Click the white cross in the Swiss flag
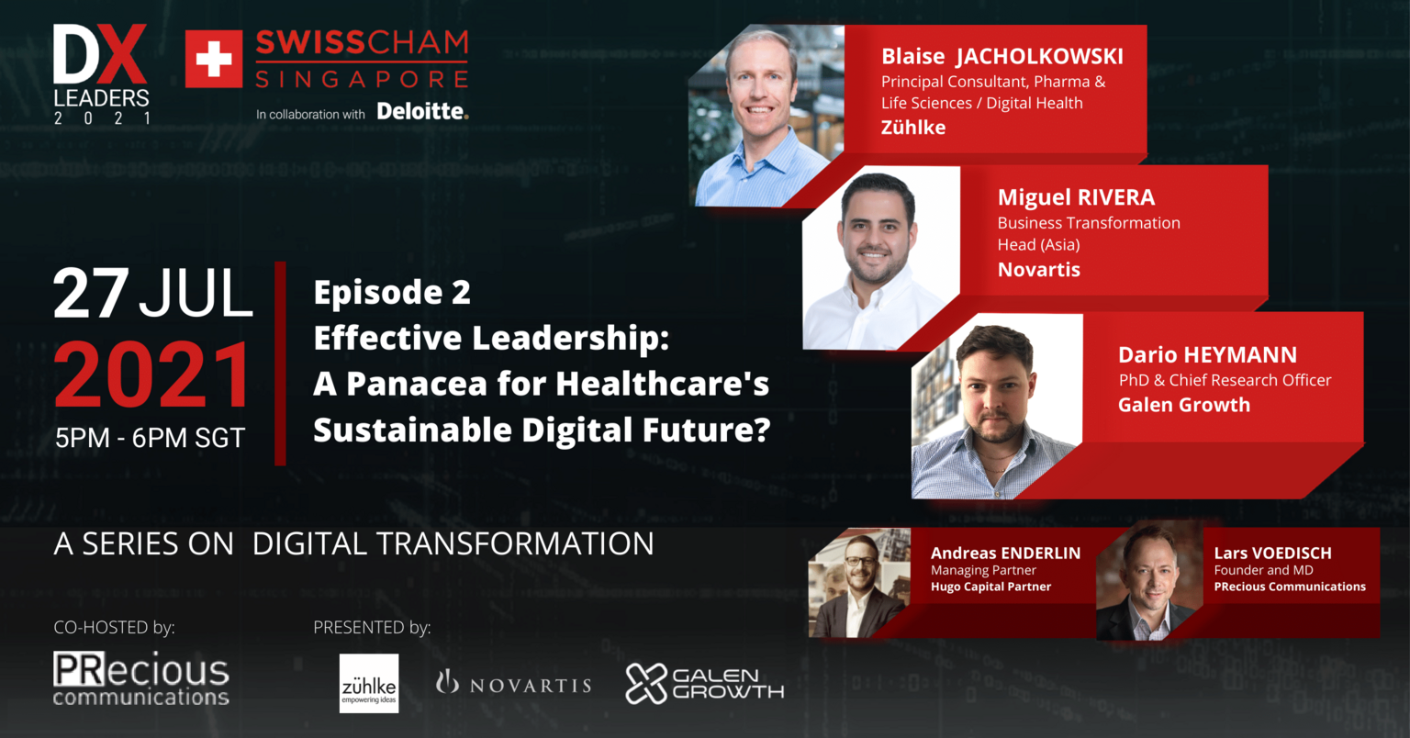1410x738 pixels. (214, 59)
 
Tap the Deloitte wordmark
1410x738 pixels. (422, 111)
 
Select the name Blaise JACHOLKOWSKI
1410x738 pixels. (1002, 57)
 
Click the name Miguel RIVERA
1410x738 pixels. (1077, 197)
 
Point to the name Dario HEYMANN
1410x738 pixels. (1207, 354)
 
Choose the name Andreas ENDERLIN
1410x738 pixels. (1005, 553)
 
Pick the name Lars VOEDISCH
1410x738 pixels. (1273, 553)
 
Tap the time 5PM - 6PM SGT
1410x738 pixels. (150, 438)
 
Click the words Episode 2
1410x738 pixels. (392, 292)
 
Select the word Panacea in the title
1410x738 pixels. (417, 384)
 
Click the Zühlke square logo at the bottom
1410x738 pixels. (369, 683)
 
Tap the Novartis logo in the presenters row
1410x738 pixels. (514, 684)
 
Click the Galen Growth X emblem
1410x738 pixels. (646, 684)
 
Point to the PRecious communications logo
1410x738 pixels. (141, 679)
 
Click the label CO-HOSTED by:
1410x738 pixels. (114, 627)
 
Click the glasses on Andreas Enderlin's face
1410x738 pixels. (860, 561)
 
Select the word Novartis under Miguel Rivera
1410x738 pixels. (1038, 270)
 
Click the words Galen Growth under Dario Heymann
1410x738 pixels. (1184, 405)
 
